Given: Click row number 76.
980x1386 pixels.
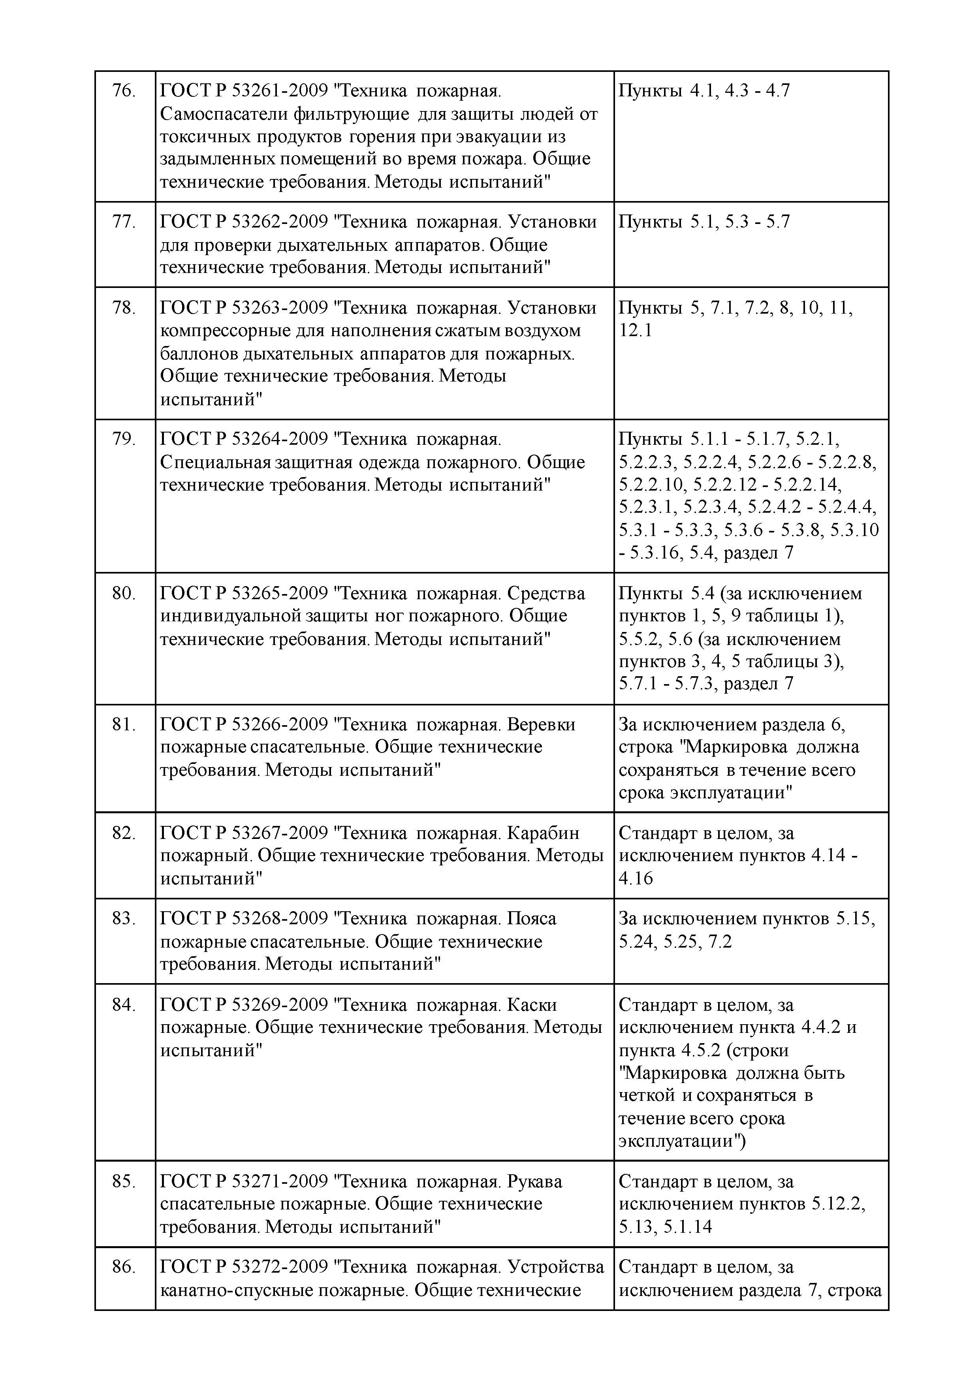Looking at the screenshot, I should (x=124, y=91).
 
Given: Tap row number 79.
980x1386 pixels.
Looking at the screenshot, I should (x=124, y=439).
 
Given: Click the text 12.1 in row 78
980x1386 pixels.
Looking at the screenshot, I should (x=635, y=331).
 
